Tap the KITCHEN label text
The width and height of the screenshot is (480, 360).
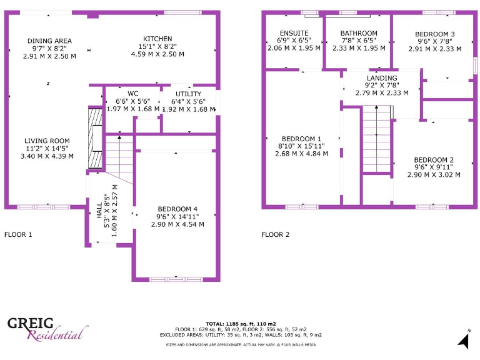pos(157,39)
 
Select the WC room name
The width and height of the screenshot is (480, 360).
pos(132,93)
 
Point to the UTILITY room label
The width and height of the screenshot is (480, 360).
pos(188,94)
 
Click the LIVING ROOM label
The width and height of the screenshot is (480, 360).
pos(47,141)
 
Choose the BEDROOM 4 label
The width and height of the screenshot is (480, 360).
pos(177,209)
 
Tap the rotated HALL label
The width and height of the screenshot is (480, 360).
pos(99,212)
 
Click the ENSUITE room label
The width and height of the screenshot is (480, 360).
pos(293,33)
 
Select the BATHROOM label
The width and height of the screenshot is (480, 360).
pos(359,33)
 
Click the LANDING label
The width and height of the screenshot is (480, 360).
pos(382,77)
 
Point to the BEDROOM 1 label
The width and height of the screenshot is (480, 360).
pos(301,139)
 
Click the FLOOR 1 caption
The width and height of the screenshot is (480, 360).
pos(18,235)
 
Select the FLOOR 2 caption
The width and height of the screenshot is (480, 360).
pos(276,235)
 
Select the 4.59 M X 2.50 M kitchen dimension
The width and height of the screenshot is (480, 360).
pos(157,54)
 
